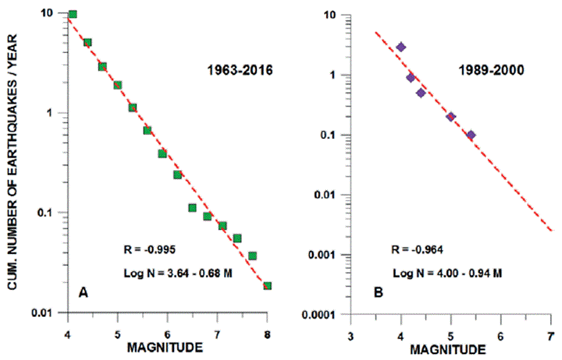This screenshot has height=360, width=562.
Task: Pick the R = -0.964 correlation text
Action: (416, 249)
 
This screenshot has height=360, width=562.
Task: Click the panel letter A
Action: (83, 291)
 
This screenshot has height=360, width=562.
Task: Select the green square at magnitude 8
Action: (267, 286)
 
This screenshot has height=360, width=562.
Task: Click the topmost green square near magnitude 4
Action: (73, 14)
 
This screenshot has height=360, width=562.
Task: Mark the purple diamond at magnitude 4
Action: (401, 47)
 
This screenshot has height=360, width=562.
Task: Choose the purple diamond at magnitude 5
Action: (451, 116)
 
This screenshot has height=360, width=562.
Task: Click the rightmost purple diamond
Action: (471, 135)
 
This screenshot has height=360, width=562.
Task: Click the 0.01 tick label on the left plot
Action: (48, 313)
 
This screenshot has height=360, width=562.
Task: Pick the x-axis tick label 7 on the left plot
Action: (218, 326)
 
